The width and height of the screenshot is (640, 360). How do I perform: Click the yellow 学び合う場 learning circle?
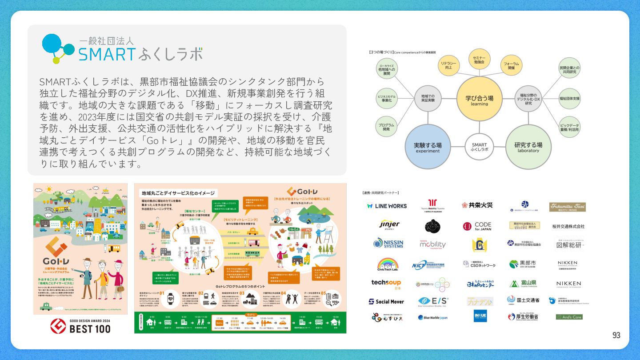479,99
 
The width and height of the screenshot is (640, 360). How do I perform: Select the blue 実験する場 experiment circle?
428,147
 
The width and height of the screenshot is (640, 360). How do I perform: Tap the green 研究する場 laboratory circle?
528,147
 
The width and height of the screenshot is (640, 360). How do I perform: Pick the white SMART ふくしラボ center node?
479,147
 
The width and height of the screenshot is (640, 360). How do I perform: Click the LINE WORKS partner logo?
387,206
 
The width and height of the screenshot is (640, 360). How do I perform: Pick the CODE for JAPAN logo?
477,226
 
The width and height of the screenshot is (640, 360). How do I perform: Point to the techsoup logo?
386,284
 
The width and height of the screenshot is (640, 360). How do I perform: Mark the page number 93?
616,336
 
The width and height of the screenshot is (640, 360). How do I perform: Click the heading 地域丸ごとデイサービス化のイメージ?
178,193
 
